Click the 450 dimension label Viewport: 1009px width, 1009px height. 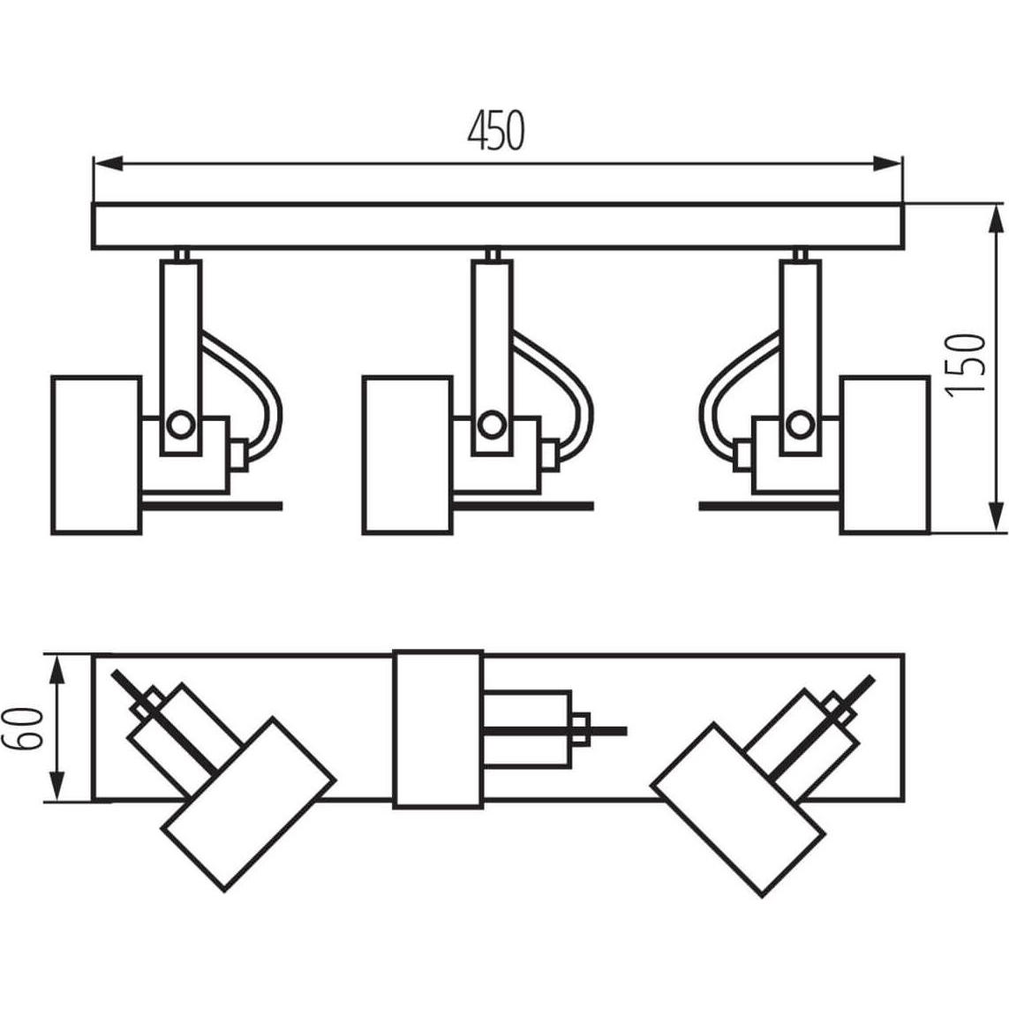(495, 131)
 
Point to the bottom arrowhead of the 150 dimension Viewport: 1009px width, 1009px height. (996, 516)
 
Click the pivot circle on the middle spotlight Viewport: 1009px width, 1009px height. (491, 425)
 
